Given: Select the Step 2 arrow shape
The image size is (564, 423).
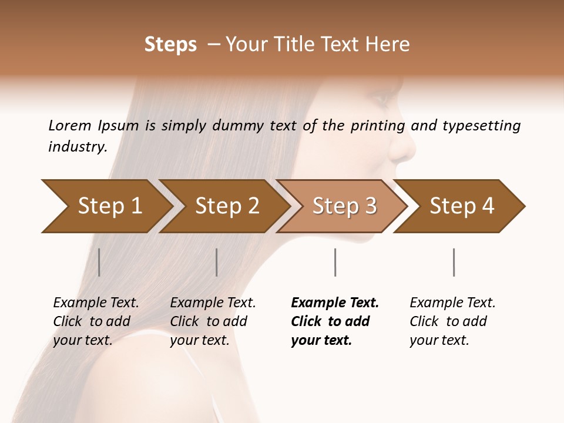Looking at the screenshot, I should pyautogui.click(x=226, y=206).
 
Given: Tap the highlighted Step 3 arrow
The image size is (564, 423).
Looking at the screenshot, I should pyautogui.click(x=344, y=206).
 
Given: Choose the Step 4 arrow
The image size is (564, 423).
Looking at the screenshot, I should pyautogui.click(x=461, y=206).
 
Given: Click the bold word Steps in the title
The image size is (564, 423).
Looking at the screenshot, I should pyautogui.click(x=170, y=45).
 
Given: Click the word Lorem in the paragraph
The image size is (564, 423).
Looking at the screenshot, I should pyautogui.click(x=70, y=125).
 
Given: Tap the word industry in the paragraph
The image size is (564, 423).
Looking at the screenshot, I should pyautogui.click(x=78, y=147).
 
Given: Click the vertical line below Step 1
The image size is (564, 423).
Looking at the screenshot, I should pyautogui.click(x=99, y=262).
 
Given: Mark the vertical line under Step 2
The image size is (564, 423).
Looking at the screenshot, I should pyautogui.click(x=217, y=262).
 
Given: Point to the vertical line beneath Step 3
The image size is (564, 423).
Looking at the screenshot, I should pyautogui.click(x=335, y=262).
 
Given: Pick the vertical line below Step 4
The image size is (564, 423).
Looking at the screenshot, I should pyautogui.click(x=454, y=262).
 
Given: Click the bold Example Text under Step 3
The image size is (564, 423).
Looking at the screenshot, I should pyautogui.click(x=335, y=303).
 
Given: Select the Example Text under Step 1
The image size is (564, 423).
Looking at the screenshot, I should pyautogui.click(x=96, y=303).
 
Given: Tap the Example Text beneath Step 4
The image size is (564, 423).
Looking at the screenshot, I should pyautogui.click(x=452, y=303).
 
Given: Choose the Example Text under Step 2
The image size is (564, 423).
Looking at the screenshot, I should pyautogui.click(x=213, y=303).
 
